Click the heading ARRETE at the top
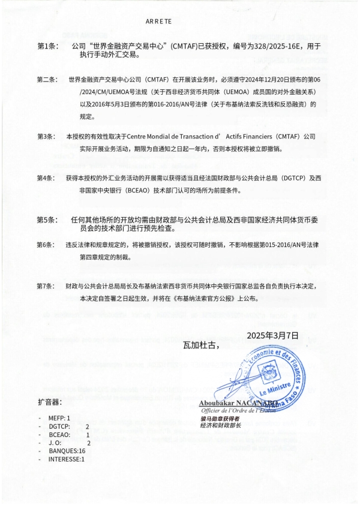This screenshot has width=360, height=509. click(x=158, y=21)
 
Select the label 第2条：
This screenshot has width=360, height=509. click(x=48, y=79)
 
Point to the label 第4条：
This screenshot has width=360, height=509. click(x=48, y=178)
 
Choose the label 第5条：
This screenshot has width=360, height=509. click(x=48, y=220)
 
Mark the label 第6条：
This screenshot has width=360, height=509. click(x=48, y=245)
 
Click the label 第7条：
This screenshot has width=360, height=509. click(x=48, y=286)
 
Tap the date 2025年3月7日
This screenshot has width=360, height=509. click(x=272, y=335)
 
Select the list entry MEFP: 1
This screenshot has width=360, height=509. click(x=60, y=417)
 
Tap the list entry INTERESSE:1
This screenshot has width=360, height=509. click(x=67, y=459)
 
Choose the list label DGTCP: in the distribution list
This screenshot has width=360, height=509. click(x=61, y=425)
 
